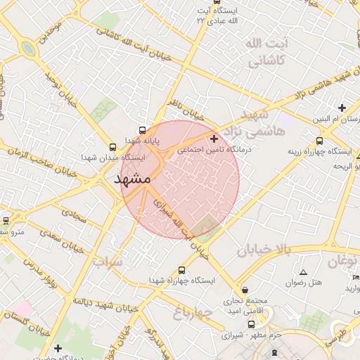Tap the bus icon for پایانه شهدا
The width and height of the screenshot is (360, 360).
[x=143, y=130]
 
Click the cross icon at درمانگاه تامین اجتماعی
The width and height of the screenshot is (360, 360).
[x=214, y=139]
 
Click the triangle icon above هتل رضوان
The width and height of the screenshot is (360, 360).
[x=303, y=272]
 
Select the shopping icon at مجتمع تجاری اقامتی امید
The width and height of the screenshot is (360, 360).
[x=244, y=290]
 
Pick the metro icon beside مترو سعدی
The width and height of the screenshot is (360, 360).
[x=6, y=220]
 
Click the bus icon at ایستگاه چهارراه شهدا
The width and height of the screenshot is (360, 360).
[x=183, y=270]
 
